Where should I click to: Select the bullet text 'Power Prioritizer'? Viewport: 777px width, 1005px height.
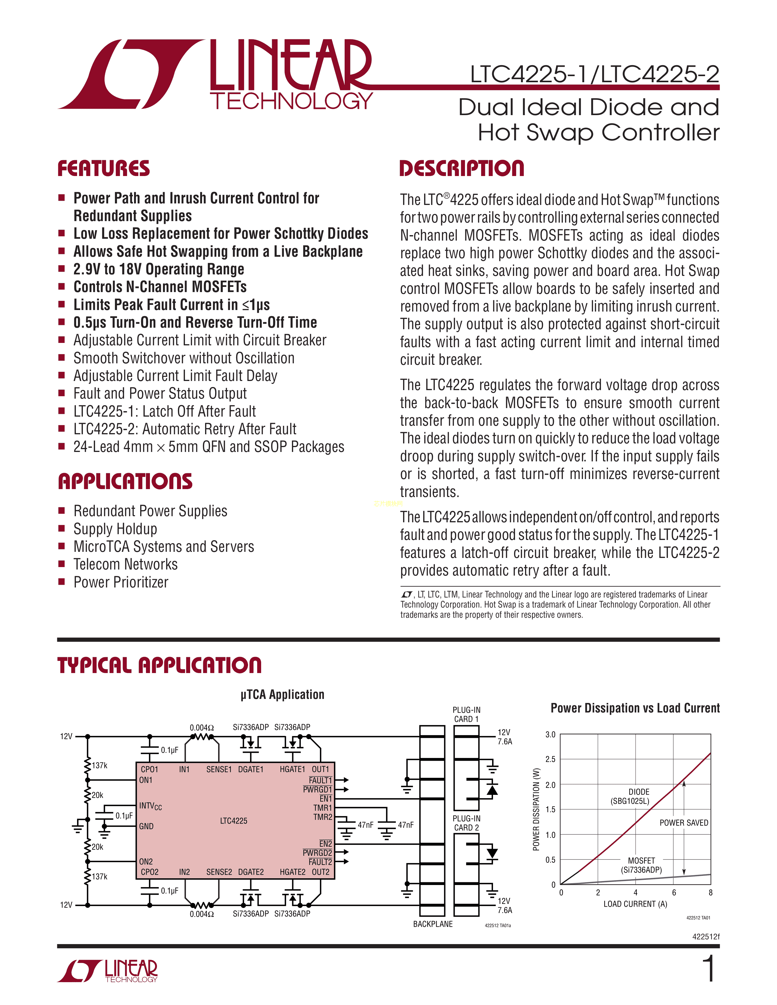[121, 582]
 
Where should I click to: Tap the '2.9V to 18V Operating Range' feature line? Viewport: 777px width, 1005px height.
[158, 269]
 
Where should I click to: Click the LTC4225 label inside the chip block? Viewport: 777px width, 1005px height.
[233, 820]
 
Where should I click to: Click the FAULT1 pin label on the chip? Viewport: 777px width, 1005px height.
[320, 780]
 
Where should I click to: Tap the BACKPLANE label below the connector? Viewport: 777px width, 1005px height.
[433, 924]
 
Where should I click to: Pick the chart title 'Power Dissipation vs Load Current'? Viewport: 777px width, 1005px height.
[635, 708]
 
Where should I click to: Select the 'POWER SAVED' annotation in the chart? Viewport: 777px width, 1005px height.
[683, 822]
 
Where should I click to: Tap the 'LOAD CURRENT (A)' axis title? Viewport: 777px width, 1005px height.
[635, 904]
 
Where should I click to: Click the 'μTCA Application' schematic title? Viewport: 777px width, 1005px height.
[282, 694]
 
